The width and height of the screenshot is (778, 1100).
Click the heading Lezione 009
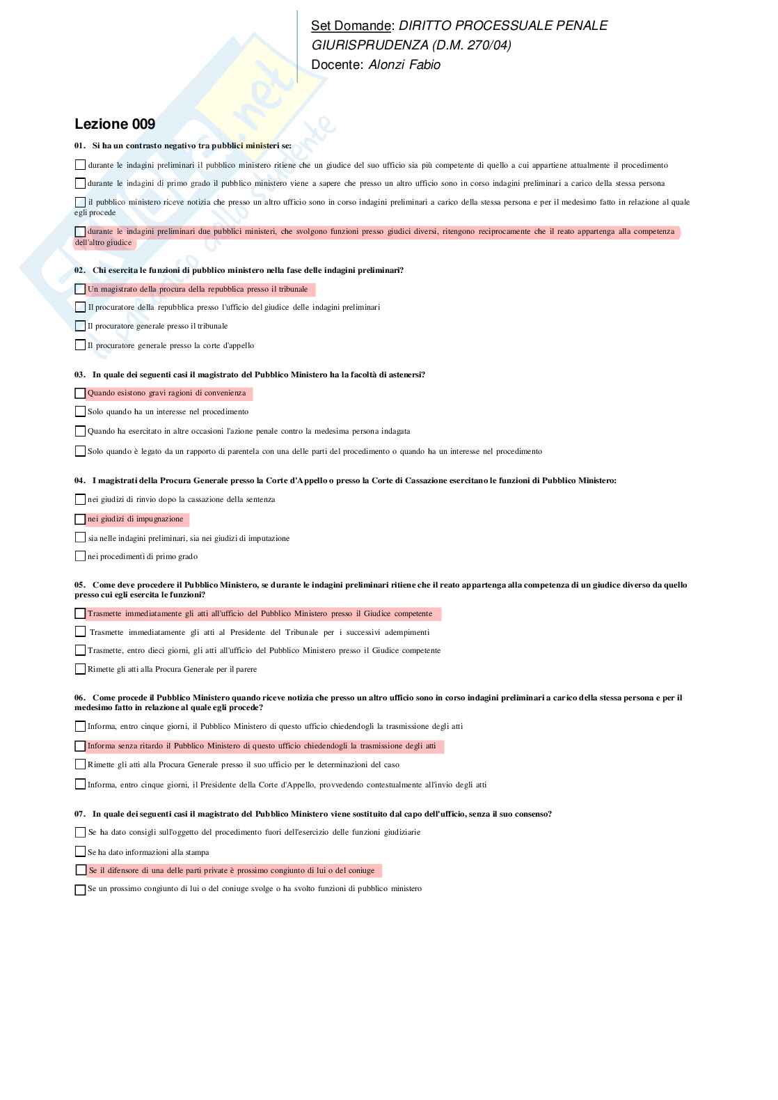pyautogui.click(x=115, y=124)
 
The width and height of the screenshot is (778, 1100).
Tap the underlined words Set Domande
pyautogui.click(x=351, y=26)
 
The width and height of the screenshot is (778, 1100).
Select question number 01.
pyautogui.click(x=79, y=146)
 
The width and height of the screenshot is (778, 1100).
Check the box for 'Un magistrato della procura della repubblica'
pyautogui.click(x=80, y=289)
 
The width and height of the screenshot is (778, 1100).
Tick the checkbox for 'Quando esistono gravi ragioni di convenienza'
pyautogui.click(x=80, y=393)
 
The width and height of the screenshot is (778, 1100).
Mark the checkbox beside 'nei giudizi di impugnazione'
pyautogui.click(x=80, y=519)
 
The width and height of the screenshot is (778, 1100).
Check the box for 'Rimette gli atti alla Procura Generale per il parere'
pyautogui.click(x=80, y=669)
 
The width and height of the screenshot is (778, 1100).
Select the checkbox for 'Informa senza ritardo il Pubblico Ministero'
pyautogui.click(x=80, y=746)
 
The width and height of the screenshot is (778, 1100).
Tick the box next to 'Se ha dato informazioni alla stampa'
pyautogui.click(x=80, y=851)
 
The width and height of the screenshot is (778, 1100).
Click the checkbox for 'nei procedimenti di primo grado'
pyautogui.click(x=80, y=556)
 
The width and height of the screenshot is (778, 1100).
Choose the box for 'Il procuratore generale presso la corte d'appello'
pyautogui.click(x=80, y=345)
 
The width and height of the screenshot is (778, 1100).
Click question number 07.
pyautogui.click(x=79, y=814)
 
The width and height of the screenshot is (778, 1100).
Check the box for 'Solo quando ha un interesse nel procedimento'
pyautogui.click(x=80, y=411)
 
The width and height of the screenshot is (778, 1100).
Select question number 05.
pyautogui.click(x=79, y=585)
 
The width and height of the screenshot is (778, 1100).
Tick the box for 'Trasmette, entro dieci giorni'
pyautogui.click(x=80, y=650)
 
